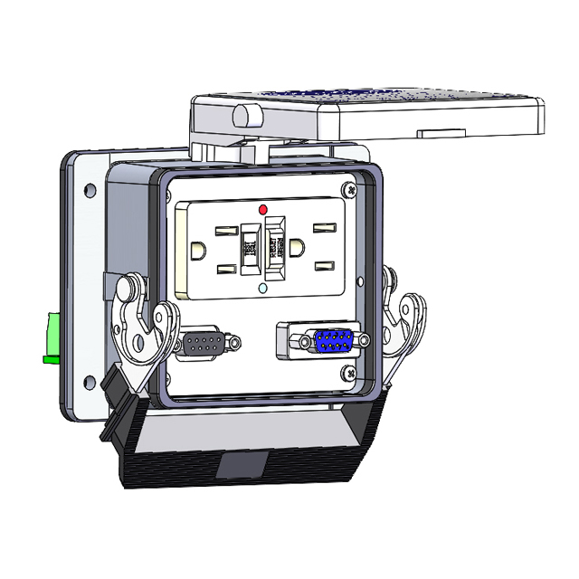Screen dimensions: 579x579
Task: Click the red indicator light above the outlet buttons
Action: (263, 209)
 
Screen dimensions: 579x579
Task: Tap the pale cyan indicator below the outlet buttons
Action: (262, 289)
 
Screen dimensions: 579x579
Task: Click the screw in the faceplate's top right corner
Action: (349, 189)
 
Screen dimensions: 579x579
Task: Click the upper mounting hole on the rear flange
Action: (89, 192)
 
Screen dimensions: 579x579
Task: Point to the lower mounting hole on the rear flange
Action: (89, 381)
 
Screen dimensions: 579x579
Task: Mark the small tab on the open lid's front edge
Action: (441, 131)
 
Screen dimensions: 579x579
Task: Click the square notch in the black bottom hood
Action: (242, 467)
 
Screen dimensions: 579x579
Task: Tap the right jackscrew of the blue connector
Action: (364, 341)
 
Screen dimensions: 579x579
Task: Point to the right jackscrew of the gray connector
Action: (234, 345)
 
